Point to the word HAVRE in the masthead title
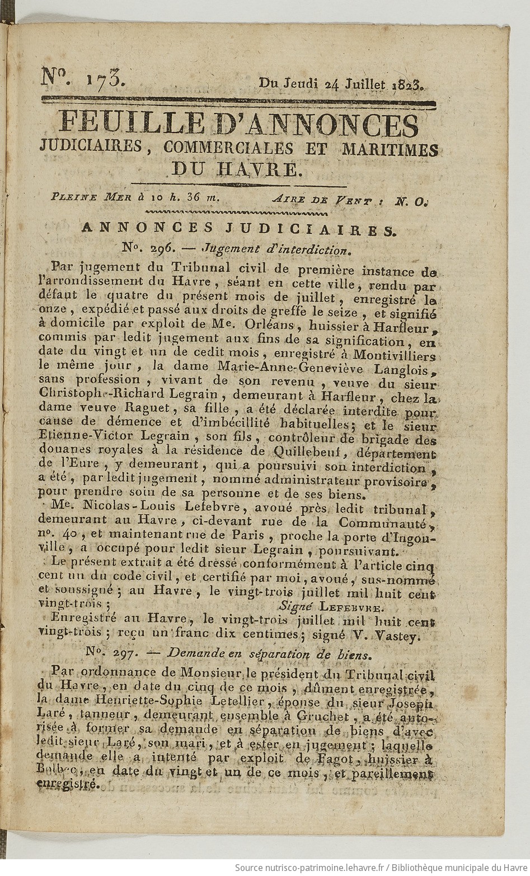click(266, 168)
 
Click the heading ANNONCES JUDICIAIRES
click(238, 228)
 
